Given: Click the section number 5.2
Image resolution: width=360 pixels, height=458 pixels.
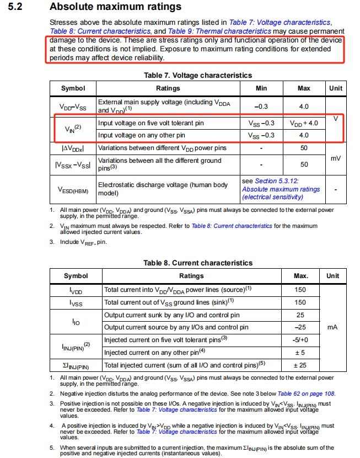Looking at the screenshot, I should click(x=17, y=7).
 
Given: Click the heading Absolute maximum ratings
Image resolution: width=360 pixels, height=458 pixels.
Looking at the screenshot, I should click(x=115, y=7).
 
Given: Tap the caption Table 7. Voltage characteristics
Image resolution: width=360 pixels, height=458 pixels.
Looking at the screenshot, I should click(x=197, y=75).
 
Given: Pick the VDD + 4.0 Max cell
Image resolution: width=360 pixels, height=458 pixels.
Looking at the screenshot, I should click(x=304, y=123).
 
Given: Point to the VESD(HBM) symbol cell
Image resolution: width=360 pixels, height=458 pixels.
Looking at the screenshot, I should click(x=73, y=190).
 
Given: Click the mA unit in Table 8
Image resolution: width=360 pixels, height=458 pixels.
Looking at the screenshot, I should click(x=332, y=327).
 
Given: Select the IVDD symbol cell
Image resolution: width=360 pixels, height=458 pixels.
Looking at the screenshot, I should click(x=75, y=289).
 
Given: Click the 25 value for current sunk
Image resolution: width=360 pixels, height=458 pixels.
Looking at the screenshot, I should click(x=300, y=315).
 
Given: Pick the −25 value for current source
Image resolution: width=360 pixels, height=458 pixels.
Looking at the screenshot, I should click(x=300, y=327).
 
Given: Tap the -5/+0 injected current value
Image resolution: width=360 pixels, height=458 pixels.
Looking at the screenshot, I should click(x=300, y=340).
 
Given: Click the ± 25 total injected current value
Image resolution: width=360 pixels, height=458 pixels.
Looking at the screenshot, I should click(x=300, y=365).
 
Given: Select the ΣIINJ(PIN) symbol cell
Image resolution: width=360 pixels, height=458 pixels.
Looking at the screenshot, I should click(x=75, y=365).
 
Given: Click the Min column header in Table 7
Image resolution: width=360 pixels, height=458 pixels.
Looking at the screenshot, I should click(x=262, y=88).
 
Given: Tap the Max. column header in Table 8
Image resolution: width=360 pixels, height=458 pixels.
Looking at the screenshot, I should click(x=300, y=276).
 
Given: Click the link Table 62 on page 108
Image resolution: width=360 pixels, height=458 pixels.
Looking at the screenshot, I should click(x=307, y=393).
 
